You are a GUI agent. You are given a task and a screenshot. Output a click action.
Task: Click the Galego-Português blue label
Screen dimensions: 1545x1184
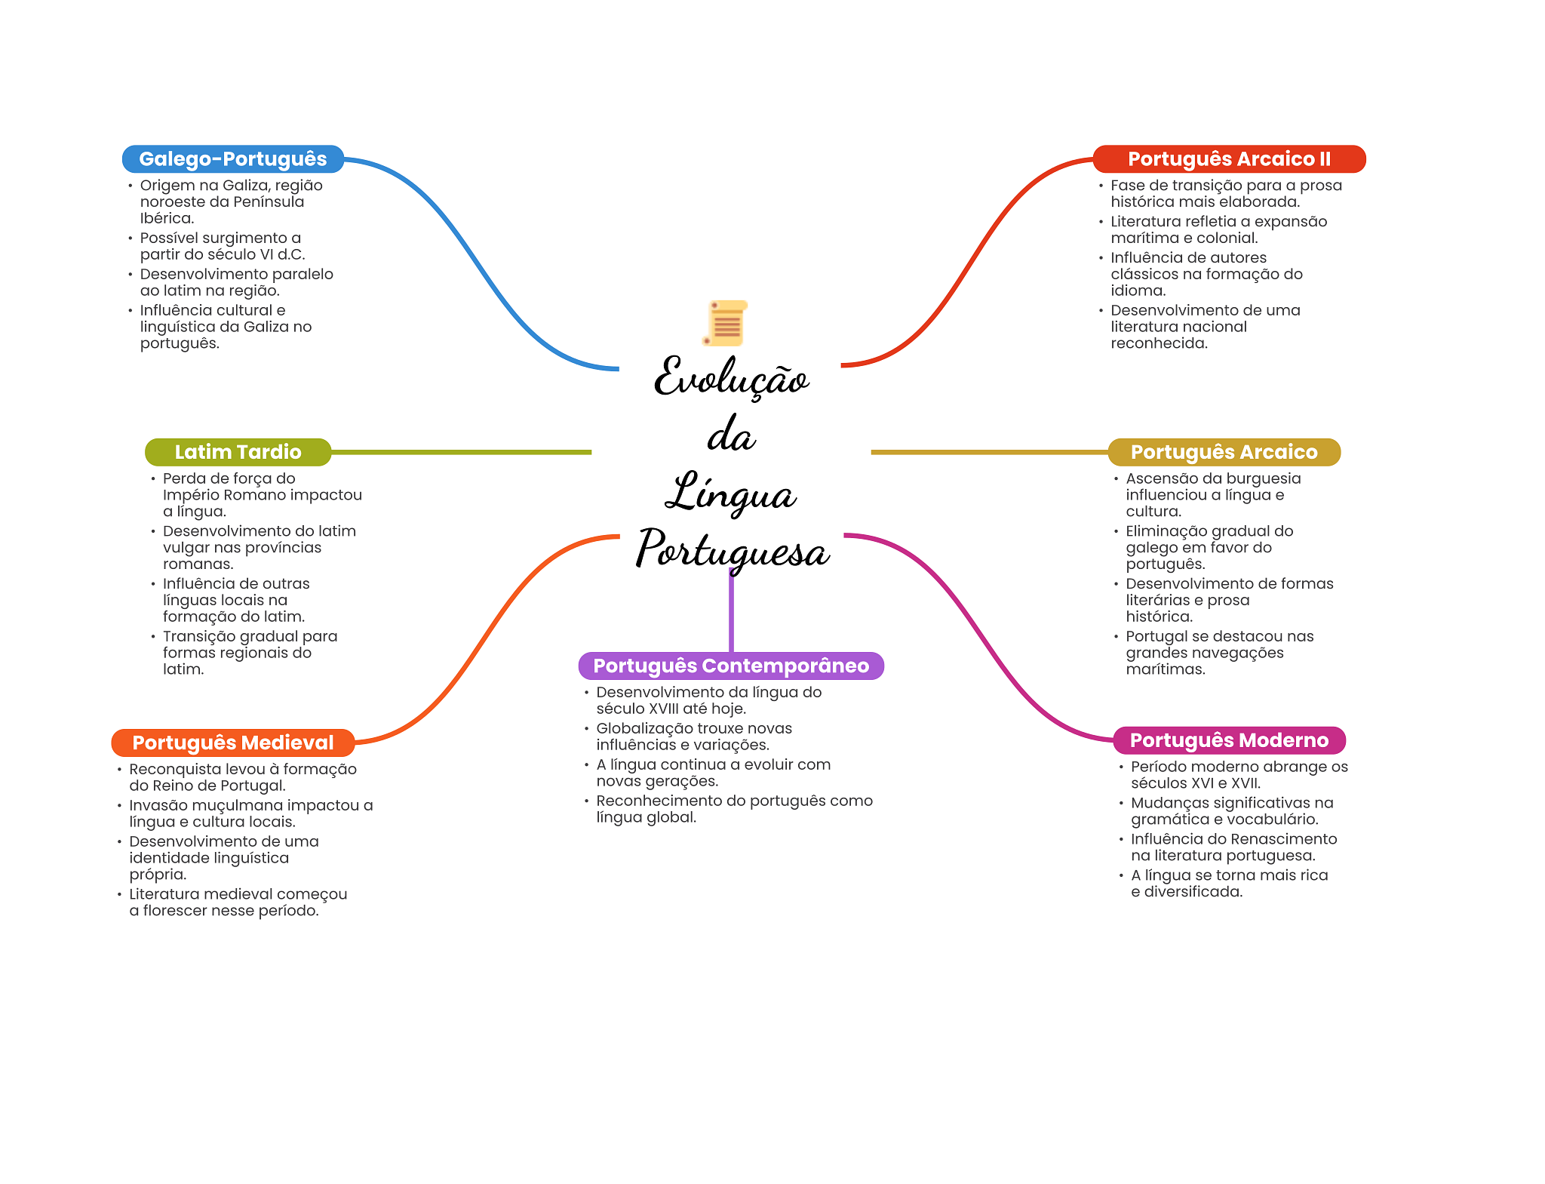[233, 159]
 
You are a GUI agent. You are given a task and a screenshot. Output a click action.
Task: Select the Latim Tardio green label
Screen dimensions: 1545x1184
[238, 452]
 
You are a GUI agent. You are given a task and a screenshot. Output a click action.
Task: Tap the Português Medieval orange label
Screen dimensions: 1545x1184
[233, 743]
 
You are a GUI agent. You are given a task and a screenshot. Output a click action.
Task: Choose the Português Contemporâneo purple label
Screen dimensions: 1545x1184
[731, 666]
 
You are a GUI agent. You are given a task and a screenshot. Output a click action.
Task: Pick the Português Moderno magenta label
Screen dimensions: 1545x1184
[1230, 740]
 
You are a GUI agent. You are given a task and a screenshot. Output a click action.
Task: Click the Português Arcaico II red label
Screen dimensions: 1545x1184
[1230, 159]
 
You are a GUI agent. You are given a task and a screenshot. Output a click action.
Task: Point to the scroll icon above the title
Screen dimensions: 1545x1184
[725, 323]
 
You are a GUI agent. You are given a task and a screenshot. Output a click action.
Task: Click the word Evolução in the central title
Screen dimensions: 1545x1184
[731, 377]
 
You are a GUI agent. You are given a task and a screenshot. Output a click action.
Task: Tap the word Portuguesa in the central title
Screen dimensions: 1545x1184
[733, 549]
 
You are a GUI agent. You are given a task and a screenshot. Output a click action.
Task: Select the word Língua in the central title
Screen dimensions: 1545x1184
[730, 492]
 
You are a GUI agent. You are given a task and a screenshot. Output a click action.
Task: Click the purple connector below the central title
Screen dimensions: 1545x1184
[731, 611]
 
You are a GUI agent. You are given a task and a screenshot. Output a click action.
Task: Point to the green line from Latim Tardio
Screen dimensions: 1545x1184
[462, 452]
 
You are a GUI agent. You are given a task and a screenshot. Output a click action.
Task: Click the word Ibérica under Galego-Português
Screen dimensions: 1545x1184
[167, 218]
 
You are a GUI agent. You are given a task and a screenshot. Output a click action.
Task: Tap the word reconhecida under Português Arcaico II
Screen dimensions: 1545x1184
[1160, 343]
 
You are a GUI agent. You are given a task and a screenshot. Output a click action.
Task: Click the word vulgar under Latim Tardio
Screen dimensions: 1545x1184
[186, 548]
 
